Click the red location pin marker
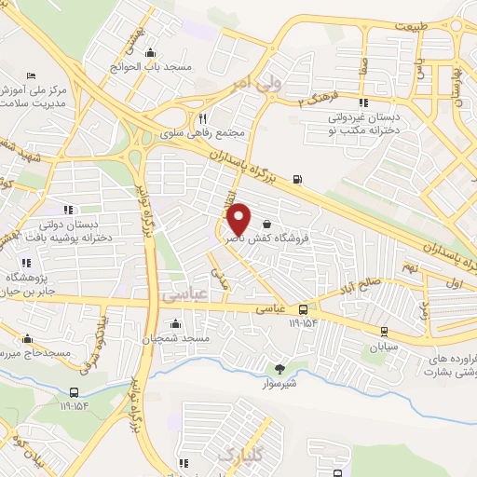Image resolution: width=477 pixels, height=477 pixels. coord(238,220)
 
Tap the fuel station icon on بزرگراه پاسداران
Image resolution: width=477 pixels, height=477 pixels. coord(297,179)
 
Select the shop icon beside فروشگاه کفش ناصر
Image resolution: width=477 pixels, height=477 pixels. coord(268,224)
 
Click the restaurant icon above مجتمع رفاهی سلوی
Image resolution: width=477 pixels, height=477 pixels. coord(202,118)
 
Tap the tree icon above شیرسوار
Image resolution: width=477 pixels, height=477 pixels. coord(277,367)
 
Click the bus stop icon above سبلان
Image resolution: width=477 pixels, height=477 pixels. coord(384,331)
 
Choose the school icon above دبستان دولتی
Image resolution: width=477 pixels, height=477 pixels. coord(66,209)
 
